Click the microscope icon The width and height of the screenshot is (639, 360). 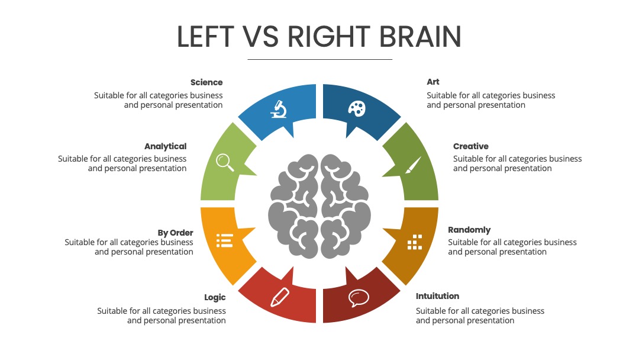coord(279,109)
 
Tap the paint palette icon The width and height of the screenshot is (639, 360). coord(357,108)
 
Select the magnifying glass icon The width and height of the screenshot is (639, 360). coord(225,162)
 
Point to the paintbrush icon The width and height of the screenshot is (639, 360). coord(413,165)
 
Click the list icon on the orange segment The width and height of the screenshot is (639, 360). coord(224,240)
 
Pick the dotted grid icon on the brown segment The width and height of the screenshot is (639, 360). coord(415,242)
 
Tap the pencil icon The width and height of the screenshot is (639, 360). coord(280,297)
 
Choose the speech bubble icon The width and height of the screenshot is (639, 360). coord(359,298)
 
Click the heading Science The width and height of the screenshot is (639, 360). coord(206,82)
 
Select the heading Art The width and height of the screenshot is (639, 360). coord(433,82)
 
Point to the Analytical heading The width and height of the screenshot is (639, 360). coord(165,146)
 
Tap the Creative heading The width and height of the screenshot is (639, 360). coord(471,146)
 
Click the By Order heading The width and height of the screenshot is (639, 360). coord(175,233)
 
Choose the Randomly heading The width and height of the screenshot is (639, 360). coord(469,230)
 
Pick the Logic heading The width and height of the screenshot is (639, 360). coord(215,297)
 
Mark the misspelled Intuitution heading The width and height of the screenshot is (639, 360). coord(437,296)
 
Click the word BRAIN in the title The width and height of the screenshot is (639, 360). coord(420,36)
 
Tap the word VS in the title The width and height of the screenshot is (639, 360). coord(262,36)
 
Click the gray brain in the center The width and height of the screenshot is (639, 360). coord(319,206)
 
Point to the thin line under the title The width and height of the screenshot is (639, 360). coord(320,60)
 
